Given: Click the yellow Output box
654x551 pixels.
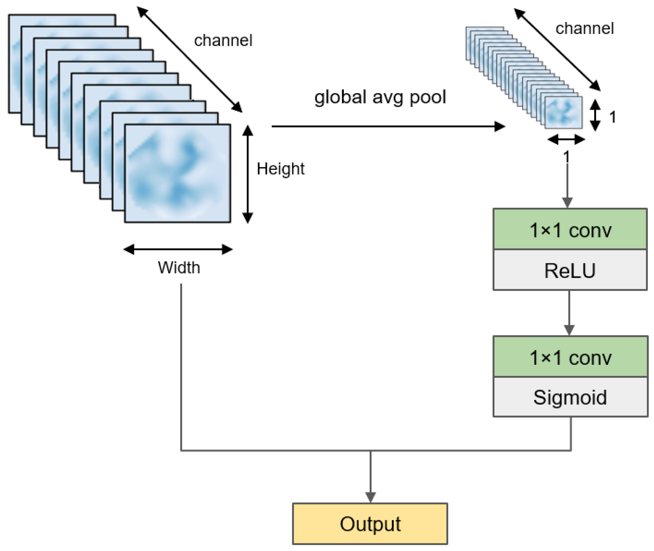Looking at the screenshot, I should tap(370, 523).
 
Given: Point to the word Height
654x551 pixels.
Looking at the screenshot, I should tap(280, 169).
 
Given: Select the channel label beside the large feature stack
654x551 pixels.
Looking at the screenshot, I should tap(223, 41).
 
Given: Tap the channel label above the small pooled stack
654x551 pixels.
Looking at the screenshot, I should tap(584, 29).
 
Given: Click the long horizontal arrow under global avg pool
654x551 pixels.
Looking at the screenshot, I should tap(387, 126).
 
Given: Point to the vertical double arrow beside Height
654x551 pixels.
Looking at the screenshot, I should tap(248, 174).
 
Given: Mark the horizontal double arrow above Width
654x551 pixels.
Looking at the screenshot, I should tap(178, 249).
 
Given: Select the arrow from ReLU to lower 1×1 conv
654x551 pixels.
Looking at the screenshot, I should tap(569, 312).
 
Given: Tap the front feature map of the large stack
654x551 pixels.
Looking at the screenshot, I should tap(177, 173).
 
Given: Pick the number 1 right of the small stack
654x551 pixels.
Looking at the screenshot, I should tap(612, 118).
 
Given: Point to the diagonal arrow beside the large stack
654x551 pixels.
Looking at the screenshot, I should tap(190, 59).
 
